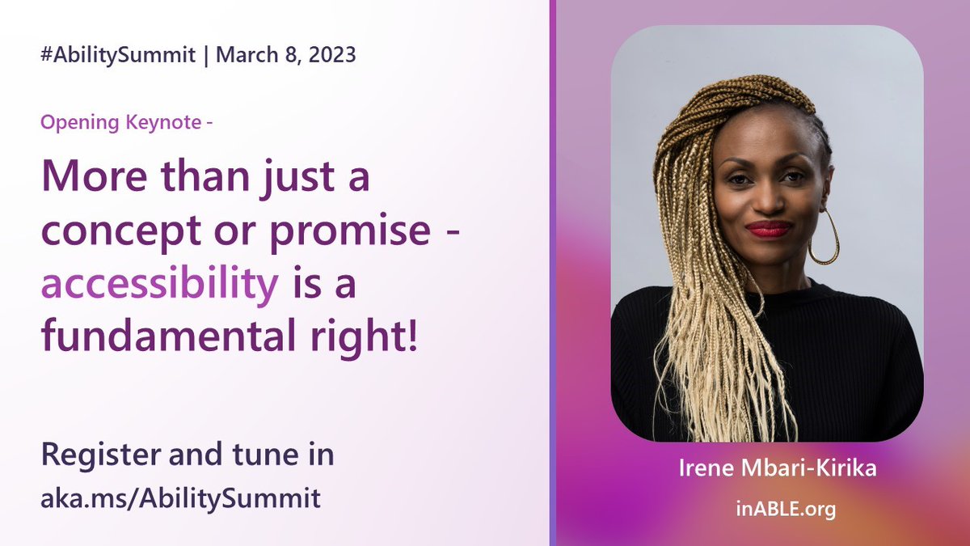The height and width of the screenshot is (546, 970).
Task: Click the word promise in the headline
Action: click(351, 232)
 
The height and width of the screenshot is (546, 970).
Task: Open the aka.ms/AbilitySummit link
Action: click(180, 497)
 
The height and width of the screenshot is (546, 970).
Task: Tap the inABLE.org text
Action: click(766, 510)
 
